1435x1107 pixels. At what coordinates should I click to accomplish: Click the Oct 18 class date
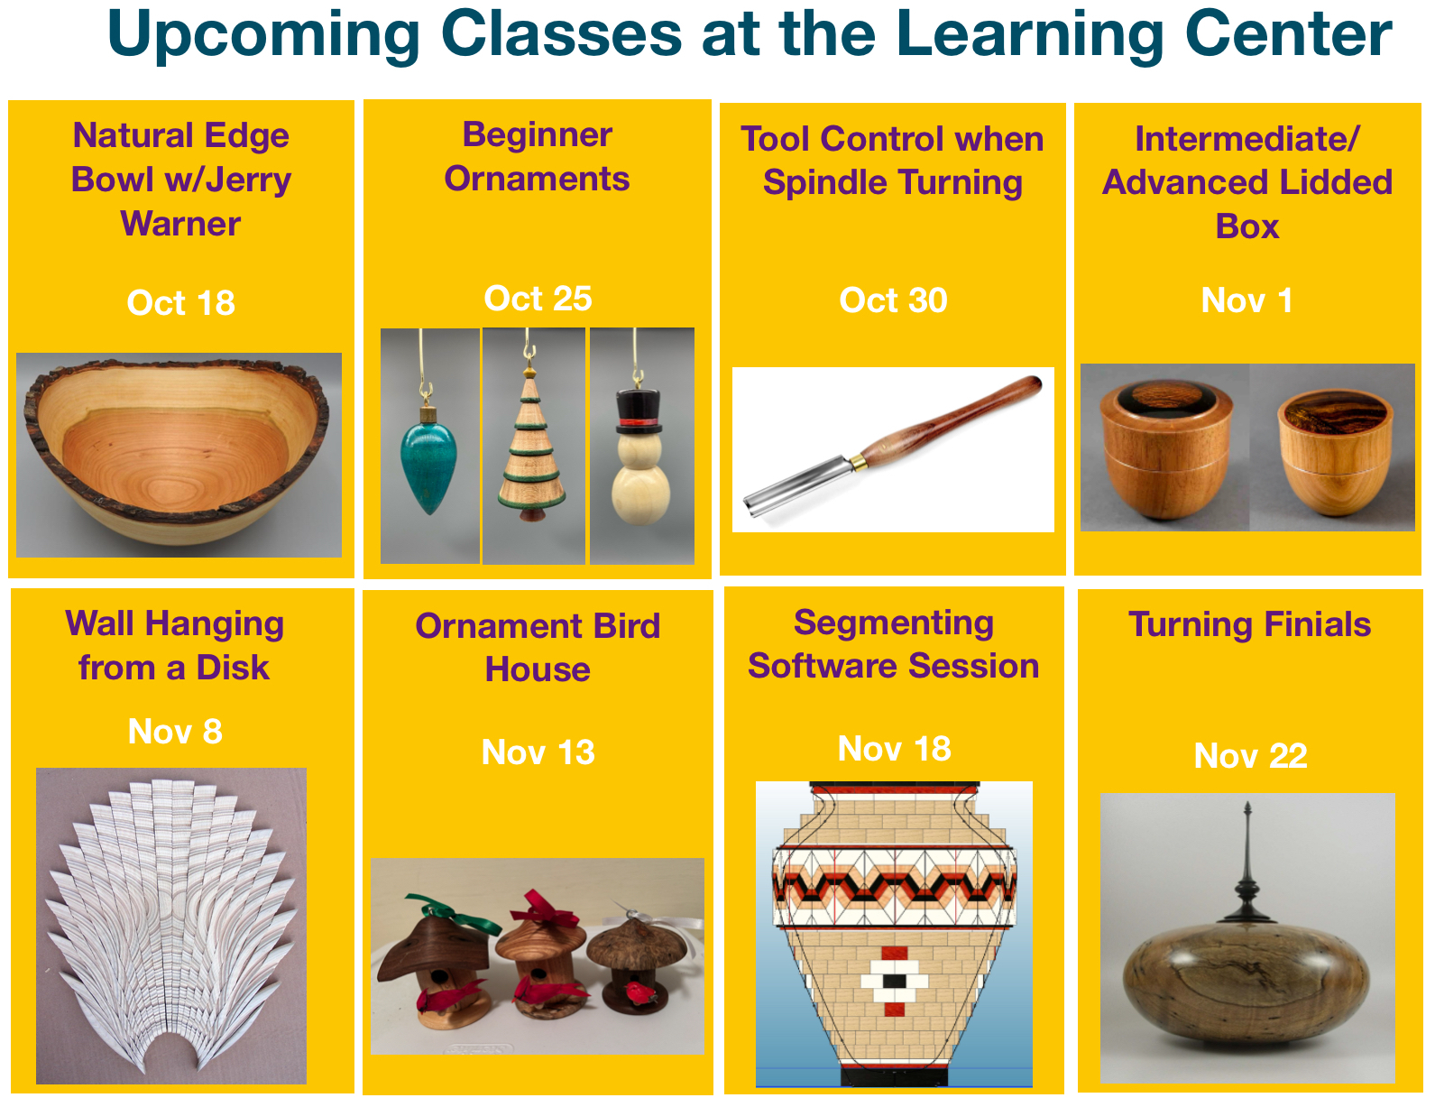[181, 303]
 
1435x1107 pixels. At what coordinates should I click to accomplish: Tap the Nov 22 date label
[1251, 756]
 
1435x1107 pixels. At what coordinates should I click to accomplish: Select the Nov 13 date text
[538, 752]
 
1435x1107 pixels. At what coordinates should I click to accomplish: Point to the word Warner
[180, 223]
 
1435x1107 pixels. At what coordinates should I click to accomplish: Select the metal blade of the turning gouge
[800, 482]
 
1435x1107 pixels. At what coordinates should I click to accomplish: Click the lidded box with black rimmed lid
[1165, 450]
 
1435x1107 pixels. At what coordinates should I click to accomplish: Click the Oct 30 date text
[894, 300]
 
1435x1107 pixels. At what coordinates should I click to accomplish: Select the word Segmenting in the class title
[894, 623]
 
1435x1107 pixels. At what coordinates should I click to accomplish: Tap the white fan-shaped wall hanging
[170, 925]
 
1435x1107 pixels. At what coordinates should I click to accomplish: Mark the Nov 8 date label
[175, 731]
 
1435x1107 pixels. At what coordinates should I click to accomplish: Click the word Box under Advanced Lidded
[1247, 226]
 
